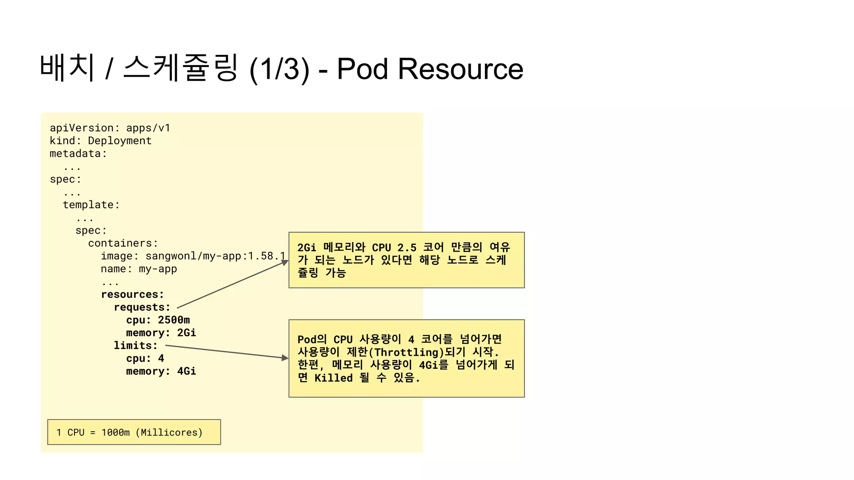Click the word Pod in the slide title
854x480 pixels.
362,69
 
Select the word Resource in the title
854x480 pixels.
460,69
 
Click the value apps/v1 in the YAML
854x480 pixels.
148,128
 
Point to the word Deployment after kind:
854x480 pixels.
120,141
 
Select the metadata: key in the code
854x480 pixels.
78,154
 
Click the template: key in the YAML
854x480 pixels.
91,205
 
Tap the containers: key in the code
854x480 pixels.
123,243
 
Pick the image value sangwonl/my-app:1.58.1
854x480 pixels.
215,256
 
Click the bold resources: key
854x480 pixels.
132,295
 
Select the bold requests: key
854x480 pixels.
142,307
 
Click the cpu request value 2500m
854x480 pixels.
173,320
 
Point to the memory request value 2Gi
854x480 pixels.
186,333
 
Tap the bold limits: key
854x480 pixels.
136,346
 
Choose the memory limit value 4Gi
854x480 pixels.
186,371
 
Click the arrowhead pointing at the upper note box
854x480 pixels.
285,262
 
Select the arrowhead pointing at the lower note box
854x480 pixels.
285,358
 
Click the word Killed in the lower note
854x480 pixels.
334,378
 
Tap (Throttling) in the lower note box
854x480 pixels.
406,352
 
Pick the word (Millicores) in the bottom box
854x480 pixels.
169,432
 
